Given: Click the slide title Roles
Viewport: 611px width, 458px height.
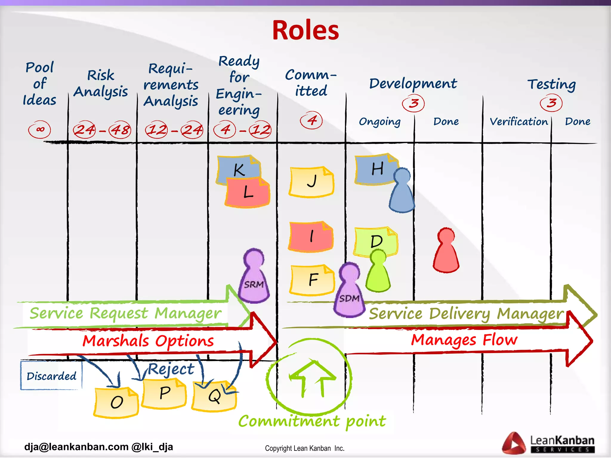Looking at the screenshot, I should (x=305, y=30).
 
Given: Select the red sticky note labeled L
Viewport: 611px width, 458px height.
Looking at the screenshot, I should (x=248, y=193).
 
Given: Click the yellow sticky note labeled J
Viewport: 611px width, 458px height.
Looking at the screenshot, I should (x=311, y=182).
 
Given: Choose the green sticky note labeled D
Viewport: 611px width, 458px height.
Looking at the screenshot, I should (x=375, y=240).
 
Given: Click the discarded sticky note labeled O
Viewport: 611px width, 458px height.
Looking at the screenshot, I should (x=116, y=403).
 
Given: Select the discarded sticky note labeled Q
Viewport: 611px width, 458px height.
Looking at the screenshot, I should (x=214, y=397).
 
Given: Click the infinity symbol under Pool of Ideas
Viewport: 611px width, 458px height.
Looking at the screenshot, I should (x=39, y=129).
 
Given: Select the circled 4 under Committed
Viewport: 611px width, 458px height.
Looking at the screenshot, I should (x=311, y=120).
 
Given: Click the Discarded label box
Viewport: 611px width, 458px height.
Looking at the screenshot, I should (x=51, y=376).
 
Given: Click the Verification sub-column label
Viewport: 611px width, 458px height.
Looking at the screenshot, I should (x=519, y=122).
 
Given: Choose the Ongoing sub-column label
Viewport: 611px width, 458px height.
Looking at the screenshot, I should (x=379, y=122).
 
